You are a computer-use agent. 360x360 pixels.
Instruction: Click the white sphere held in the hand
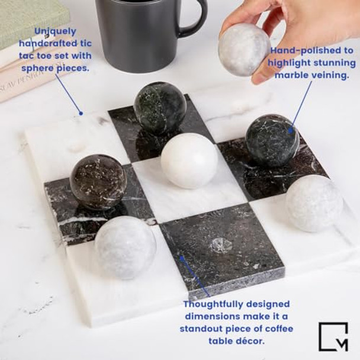coord(243,49)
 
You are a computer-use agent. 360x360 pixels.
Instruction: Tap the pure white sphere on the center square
coord(189,160)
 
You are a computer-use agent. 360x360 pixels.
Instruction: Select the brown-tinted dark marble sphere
coord(98,182)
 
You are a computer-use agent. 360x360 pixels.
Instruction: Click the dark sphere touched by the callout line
coord(272,140)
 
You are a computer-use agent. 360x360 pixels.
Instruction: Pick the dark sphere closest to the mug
coord(160,108)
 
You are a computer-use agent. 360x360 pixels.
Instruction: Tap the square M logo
coord(333,336)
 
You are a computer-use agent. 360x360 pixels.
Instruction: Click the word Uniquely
coord(55,31)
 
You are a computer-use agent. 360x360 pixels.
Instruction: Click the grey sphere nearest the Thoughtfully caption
coord(125,247)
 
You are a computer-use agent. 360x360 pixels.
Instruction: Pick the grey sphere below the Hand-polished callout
coord(314,203)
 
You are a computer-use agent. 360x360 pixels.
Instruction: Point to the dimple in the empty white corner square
coord(76,146)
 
